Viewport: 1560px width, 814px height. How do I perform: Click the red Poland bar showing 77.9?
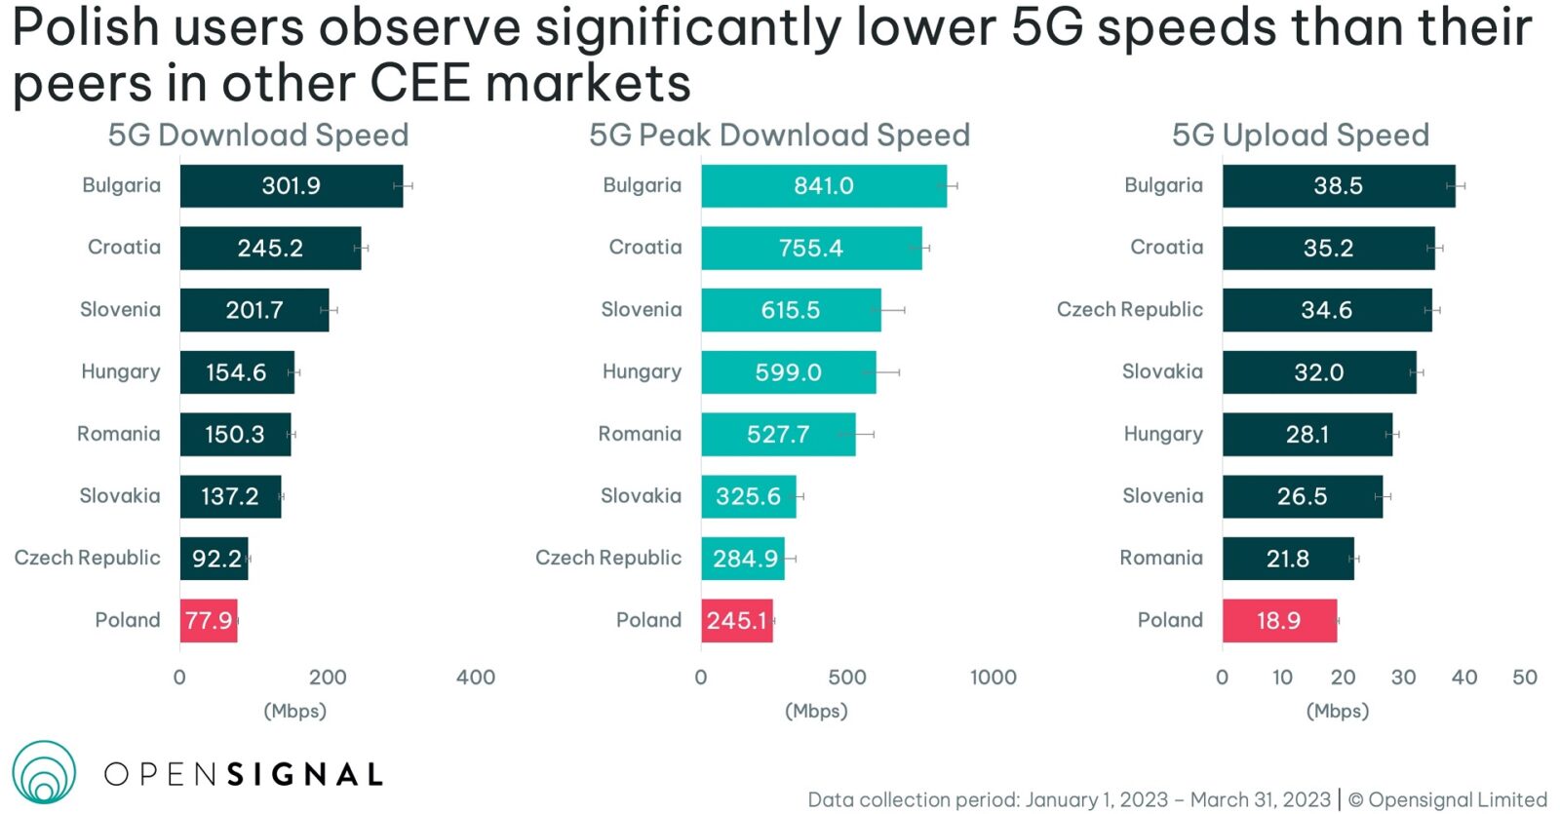(x=209, y=621)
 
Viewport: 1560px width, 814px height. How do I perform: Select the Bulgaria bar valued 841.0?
(x=824, y=186)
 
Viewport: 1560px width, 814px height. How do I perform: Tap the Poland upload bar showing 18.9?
(x=1279, y=621)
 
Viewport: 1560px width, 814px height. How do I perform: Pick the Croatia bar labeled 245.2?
(x=270, y=249)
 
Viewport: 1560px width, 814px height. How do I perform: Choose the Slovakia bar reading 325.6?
(x=748, y=497)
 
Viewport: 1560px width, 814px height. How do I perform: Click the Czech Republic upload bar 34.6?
(x=1327, y=310)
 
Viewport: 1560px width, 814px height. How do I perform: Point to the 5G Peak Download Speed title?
(x=779, y=135)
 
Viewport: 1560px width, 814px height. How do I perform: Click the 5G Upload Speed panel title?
(x=1301, y=135)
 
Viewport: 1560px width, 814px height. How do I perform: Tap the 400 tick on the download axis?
(x=476, y=678)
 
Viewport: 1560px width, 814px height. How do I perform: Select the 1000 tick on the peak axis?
(x=993, y=678)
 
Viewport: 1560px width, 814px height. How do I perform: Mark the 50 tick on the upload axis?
(x=1525, y=678)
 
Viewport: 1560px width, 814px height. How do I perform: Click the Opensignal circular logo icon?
(x=44, y=773)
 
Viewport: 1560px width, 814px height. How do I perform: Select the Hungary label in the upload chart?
(x=1163, y=434)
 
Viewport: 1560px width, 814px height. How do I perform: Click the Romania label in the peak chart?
(x=640, y=434)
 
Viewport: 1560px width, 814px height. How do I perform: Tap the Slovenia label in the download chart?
(x=120, y=310)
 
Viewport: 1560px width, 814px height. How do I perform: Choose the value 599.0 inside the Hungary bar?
(x=788, y=372)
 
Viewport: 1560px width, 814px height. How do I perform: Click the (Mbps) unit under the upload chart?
(x=1338, y=711)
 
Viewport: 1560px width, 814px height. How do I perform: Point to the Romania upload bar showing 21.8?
(x=1288, y=559)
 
